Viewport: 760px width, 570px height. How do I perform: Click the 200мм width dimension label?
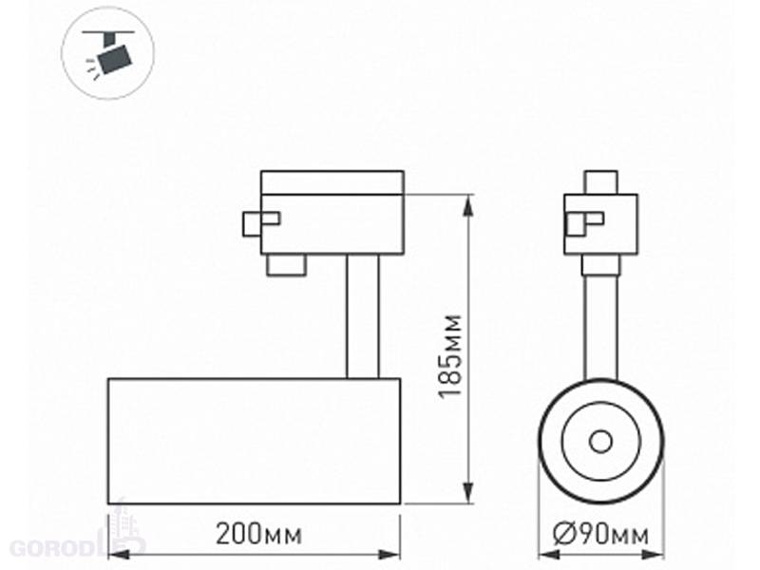pyautogui.click(x=258, y=534)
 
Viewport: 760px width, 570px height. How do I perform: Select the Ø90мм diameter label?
pyautogui.click(x=601, y=535)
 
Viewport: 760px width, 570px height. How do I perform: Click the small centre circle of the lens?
pyautogui.click(x=600, y=442)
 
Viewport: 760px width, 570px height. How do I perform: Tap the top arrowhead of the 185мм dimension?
pyautogui.click(x=468, y=205)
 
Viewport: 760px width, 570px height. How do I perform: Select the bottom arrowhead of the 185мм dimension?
pyautogui.click(x=468, y=493)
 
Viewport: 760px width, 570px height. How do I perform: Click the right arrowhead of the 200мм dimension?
pyautogui.click(x=389, y=554)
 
